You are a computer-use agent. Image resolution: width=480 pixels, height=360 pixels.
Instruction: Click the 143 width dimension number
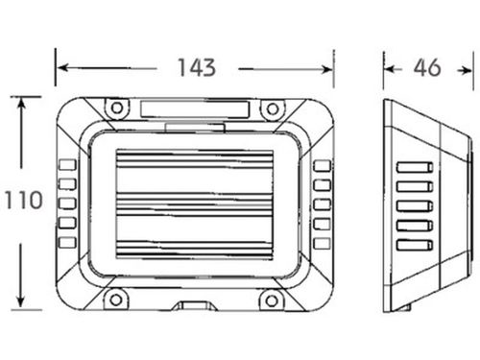click(197, 68)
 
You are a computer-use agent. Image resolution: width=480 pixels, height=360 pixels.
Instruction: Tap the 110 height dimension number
click(24, 201)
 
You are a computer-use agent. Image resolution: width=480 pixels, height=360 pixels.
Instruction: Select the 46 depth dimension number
click(427, 68)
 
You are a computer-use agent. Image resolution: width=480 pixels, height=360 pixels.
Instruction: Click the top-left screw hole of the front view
click(117, 108)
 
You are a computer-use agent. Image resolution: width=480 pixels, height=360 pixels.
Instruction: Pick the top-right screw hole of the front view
click(273, 109)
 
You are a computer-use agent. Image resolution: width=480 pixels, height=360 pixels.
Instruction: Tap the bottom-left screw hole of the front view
click(116, 300)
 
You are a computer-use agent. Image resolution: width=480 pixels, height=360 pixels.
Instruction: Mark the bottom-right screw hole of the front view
click(272, 300)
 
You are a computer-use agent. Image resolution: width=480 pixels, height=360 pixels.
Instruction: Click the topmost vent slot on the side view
click(415, 167)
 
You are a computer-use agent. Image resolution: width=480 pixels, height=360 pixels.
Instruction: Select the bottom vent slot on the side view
click(415, 245)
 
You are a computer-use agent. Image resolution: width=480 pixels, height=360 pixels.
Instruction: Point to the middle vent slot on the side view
click(415, 205)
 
